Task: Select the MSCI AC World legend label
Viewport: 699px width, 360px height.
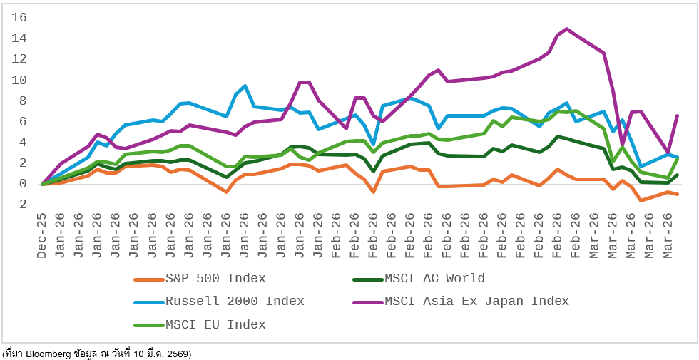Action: (434, 279)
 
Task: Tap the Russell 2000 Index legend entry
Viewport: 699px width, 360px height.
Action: (235, 302)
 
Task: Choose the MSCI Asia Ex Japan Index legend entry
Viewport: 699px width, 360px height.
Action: (476, 302)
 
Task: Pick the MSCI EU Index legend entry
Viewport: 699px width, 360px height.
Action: (215, 325)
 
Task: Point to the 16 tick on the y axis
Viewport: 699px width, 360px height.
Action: (19, 17)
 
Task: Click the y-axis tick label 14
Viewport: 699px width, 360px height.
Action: (19, 38)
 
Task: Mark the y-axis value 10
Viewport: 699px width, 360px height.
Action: (19, 80)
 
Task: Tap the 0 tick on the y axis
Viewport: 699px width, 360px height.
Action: (23, 184)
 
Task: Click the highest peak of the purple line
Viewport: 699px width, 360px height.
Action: (566, 29)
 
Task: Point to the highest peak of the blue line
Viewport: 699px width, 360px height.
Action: (245, 86)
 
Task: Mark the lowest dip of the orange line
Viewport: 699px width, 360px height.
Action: (641, 200)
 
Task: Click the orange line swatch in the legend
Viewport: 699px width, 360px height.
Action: (148, 279)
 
